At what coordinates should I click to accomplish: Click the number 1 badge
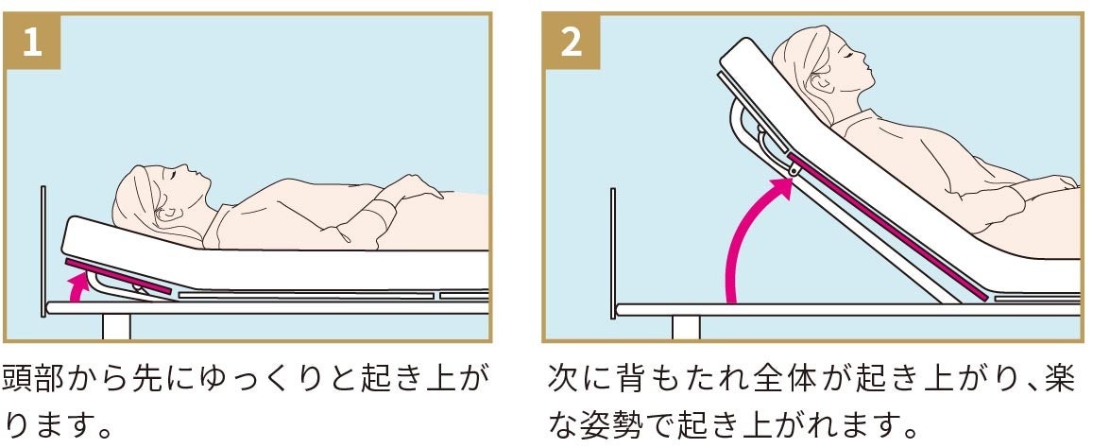32,43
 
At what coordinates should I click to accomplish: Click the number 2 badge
571,43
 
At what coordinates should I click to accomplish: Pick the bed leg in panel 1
116,326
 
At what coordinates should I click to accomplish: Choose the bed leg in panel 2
686,327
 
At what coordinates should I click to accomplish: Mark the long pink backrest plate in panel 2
888,226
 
